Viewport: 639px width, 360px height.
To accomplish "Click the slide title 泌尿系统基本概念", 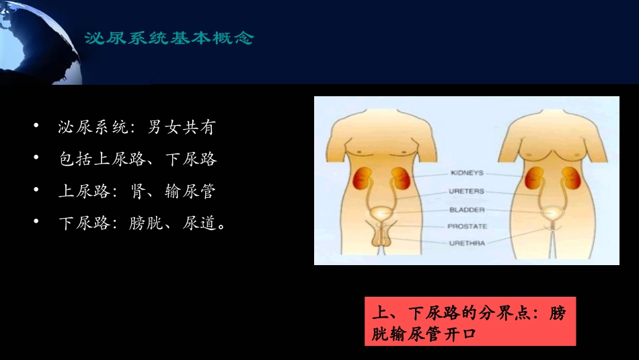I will (169, 38).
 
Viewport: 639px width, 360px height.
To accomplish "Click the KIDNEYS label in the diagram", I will (466, 173).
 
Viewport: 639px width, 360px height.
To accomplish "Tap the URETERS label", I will (466, 191).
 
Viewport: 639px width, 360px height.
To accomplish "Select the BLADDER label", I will (466, 209).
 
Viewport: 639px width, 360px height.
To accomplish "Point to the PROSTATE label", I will (467, 226).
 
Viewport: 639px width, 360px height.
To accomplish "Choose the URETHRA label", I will (467, 243).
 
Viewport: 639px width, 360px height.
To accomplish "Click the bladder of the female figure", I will (554, 215).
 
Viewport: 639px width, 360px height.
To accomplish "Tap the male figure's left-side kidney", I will (363, 180).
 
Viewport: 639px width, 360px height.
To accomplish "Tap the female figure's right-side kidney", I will (570, 179).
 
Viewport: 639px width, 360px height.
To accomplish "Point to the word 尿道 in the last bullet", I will (200, 223).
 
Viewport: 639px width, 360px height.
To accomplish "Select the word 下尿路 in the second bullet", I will (191, 159).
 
